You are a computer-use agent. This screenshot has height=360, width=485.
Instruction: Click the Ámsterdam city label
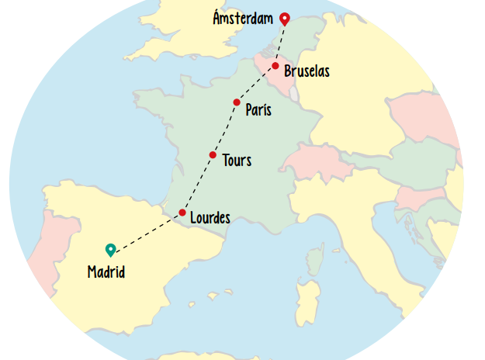pyautogui.click(x=243, y=18)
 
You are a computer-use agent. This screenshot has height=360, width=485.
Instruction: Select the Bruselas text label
pyautogui.click(x=307, y=71)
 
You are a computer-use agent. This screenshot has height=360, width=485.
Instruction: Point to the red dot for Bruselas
pyautogui.click(x=275, y=66)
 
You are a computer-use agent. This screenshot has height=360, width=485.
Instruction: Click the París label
pyautogui.click(x=258, y=110)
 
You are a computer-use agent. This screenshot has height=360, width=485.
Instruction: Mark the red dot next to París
pyautogui.click(x=237, y=102)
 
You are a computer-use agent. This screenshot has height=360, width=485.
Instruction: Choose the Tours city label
pyautogui.click(x=237, y=161)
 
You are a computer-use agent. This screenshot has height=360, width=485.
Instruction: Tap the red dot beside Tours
pyautogui.click(x=213, y=155)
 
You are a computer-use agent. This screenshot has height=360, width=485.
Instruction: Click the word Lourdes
pyautogui.click(x=210, y=218)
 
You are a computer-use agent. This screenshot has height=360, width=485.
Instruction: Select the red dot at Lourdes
pyautogui.click(x=182, y=213)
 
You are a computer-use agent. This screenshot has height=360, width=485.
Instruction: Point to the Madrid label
pyautogui.click(x=106, y=272)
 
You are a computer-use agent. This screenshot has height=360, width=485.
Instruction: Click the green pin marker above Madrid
pyautogui.click(x=110, y=249)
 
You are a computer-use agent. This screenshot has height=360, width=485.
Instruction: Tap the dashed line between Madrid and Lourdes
pyautogui.click(x=147, y=232)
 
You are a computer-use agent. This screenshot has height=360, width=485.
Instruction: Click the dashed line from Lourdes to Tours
pyautogui.click(x=197, y=184)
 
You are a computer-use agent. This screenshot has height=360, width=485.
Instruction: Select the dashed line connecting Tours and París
pyautogui.click(x=224, y=130)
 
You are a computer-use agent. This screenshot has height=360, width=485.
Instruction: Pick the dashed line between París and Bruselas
pyautogui.click(x=256, y=84)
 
